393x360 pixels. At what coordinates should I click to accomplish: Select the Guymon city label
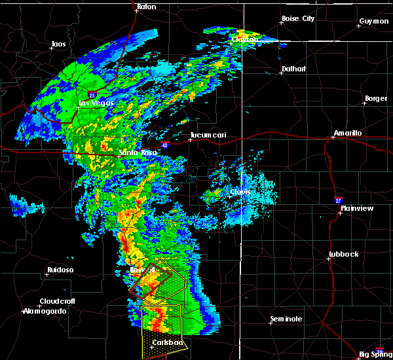coord(373,21)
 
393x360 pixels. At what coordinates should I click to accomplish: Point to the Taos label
coord(58,45)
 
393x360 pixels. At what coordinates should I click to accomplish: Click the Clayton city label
coord(244,39)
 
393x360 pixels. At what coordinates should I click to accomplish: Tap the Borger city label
coord(375,99)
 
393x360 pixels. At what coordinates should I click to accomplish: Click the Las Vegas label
coord(96,103)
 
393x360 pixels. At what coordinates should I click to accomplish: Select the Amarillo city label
coord(347,133)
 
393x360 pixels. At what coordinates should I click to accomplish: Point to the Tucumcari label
coord(208,135)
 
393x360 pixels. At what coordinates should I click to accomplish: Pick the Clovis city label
coord(240,192)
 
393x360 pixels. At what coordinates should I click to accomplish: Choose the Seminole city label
coord(287,319)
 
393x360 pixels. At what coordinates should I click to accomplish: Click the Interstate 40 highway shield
coord(164,145)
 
